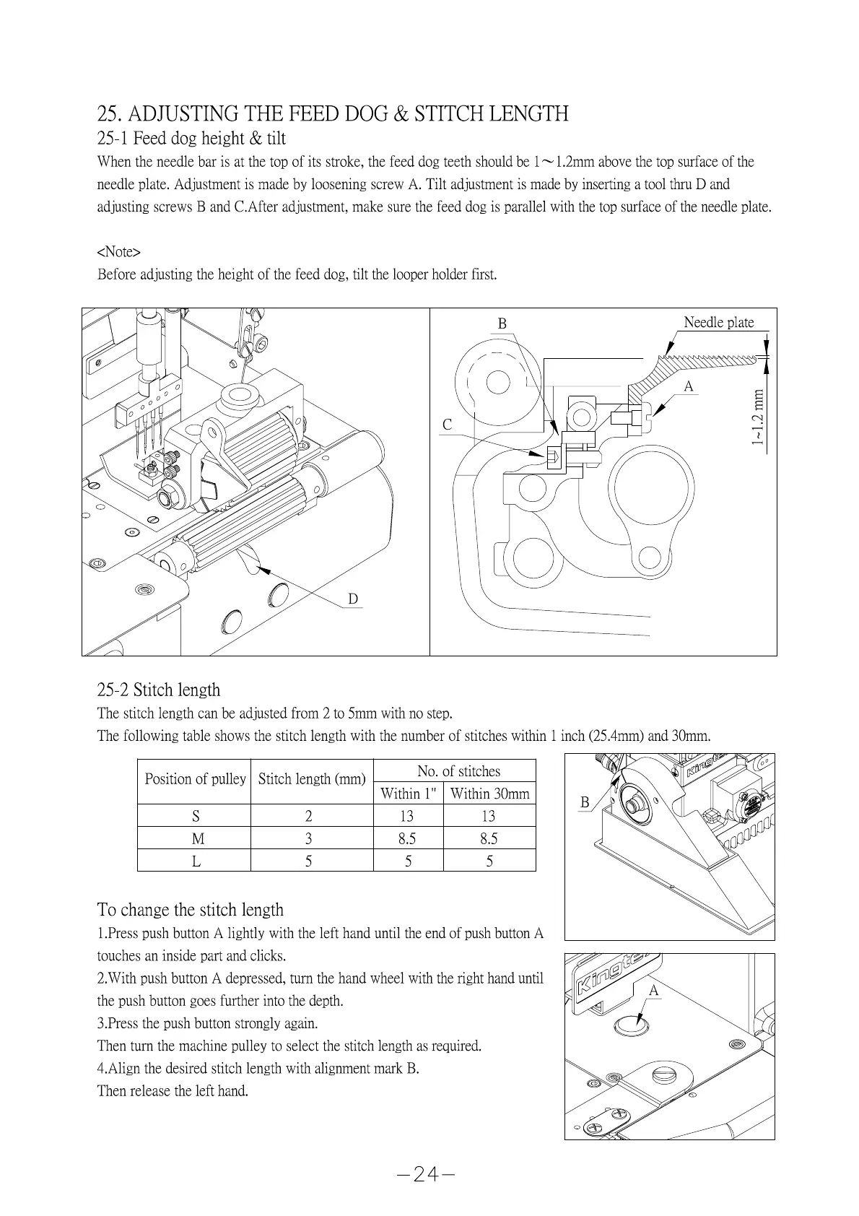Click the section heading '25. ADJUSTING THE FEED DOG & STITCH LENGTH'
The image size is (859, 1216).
click(x=333, y=113)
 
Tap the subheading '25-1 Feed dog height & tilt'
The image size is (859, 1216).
click(x=191, y=138)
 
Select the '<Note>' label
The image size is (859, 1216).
click(x=118, y=251)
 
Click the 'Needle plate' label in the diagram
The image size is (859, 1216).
click(x=718, y=322)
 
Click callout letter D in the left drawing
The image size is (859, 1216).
click(x=353, y=599)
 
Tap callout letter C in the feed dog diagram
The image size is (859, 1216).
click(x=448, y=425)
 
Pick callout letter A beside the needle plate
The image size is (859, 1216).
click(x=689, y=387)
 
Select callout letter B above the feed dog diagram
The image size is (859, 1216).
click(x=502, y=323)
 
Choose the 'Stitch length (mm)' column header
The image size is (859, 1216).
click(x=312, y=779)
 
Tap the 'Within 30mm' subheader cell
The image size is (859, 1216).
click(x=489, y=794)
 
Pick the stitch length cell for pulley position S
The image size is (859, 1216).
click(x=309, y=816)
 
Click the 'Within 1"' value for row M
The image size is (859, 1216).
click(x=407, y=838)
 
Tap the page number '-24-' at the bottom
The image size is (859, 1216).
click(x=426, y=1174)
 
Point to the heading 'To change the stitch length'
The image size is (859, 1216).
click(x=191, y=910)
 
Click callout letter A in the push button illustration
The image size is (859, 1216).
click(x=654, y=991)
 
